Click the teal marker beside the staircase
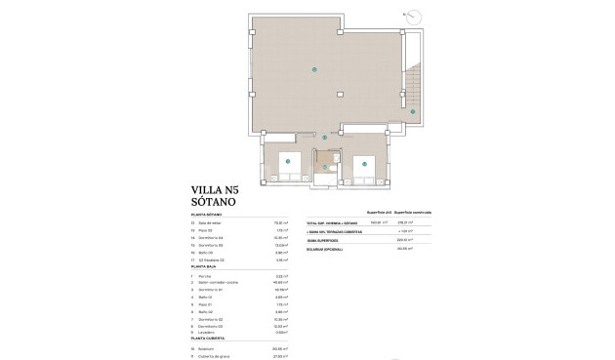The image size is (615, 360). (x=413, y=113)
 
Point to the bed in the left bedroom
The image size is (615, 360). (x=289, y=163)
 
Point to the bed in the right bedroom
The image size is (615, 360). (x=361, y=163)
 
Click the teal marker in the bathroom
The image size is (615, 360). (x=325, y=168)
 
